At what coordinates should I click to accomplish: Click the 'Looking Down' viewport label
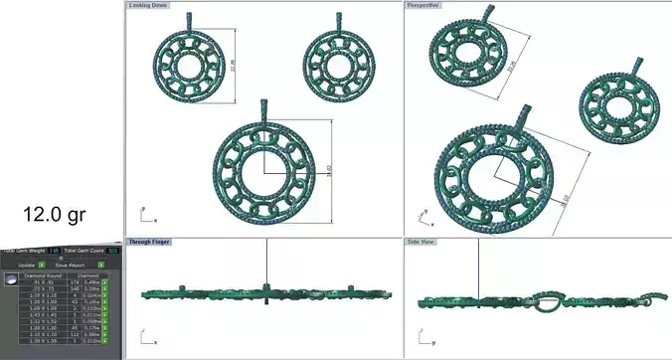click(148, 5)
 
